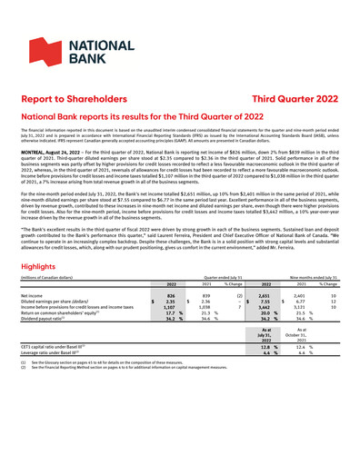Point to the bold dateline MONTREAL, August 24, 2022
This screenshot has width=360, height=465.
50,179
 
